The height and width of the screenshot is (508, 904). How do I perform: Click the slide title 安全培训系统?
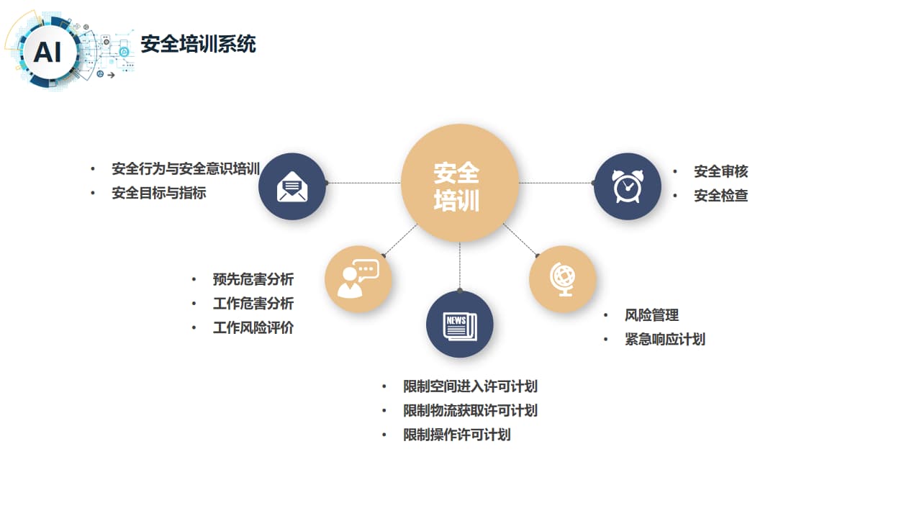[198, 45]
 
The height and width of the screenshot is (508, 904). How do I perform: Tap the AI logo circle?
[48, 52]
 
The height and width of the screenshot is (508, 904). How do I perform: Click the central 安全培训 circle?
[459, 183]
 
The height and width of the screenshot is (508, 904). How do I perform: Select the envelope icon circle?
[292, 186]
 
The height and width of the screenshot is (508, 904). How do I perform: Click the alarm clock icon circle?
[627, 186]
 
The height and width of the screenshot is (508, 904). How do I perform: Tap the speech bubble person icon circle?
[358, 279]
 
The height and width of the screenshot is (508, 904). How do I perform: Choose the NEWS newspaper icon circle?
[459, 325]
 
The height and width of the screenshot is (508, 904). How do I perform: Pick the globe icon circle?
[562, 278]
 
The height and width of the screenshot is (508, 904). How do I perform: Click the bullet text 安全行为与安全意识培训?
[186, 169]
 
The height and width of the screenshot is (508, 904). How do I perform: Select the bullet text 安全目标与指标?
[159, 193]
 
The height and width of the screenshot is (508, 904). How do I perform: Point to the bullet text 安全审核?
[720, 171]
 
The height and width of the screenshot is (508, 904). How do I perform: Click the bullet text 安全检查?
[720, 195]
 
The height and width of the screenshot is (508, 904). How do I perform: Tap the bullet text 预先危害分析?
[253, 279]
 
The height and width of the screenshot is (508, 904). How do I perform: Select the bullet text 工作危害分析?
[253, 304]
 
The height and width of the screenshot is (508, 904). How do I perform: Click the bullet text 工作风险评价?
[253, 327]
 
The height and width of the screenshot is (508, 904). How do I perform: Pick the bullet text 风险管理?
[651, 315]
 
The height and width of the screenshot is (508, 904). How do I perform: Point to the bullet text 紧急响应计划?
[664, 339]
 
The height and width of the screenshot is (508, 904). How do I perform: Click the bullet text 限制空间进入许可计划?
[470, 386]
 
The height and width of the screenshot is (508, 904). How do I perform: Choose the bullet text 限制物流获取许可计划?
[470, 411]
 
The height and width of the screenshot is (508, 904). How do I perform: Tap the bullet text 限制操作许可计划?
[456, 435]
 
